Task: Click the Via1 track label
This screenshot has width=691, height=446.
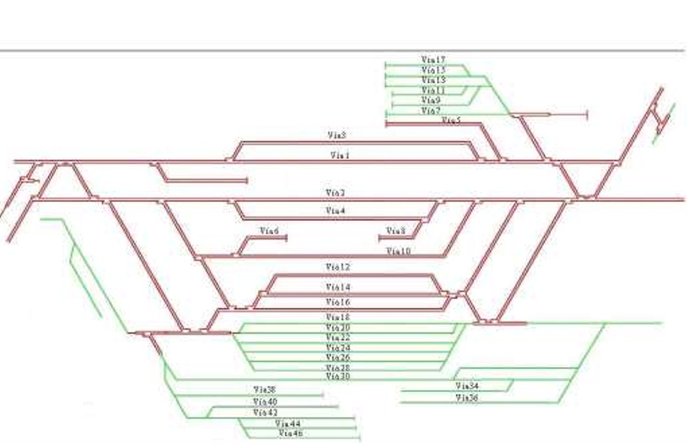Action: pyautogui.click(x=339, y=155)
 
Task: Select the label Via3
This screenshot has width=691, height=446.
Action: pyautogui.click(x=337, y=135)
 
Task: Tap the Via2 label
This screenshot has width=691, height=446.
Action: pyautogui.click(x=335, y=192)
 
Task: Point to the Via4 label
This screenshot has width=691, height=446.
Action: pyautogui.click(x=335, y=211)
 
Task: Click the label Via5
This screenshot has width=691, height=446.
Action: pyautogui.click(x=451, y=120)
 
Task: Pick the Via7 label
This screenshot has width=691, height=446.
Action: pyautogui.click(x=431, y=111)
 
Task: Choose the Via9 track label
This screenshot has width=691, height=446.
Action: pyautogui.click(x=431, y=100)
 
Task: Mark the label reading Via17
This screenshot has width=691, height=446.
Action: pyautogui.click(x=433, y=59)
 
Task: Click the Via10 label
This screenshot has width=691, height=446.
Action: pyautogui.click(x=398, y=251)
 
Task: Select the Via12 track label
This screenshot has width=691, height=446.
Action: pyautogui.click(x=337, y=267)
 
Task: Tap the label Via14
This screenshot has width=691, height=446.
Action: pyautogui.click(x=338, y=287)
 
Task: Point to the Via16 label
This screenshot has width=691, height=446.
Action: pyautogui.click(x=338, y=303)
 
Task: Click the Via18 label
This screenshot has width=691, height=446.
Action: pyautogui.click(x=337, y=317)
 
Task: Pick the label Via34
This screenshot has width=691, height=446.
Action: pyautogui.click(x=467, y=385)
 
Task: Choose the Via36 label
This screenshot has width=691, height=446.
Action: pyautogui.click(x=467, y=397)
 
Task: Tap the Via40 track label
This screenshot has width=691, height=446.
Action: pyautogui.click(x=265, y=401)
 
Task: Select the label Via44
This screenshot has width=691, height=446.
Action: pyautogui.click(x=288, y=423)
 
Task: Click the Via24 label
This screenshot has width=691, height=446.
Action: pyautogui.click(x=337, y=348)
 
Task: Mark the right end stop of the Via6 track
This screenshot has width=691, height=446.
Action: pyautogui.click(x=287, y=238)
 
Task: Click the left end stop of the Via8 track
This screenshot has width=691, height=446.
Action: pyautogui.click(x=379, y=238)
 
